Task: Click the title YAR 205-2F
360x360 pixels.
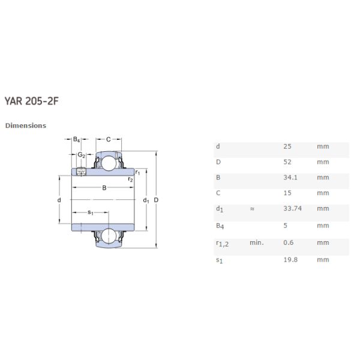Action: tap(32, 101)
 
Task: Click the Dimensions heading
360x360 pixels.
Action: tap(25, 125)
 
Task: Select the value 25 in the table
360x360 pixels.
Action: tap(287, 146)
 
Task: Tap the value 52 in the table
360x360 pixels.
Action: tap(287, 162)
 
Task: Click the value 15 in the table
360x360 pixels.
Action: tap(287, 193)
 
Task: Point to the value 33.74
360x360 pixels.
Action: tap(292, 209)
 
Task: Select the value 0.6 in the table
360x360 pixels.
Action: tap(289, 242)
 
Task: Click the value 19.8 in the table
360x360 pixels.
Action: tap(290, 259)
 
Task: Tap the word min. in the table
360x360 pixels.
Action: tap(257, 242)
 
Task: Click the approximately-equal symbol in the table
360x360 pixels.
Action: tap(253, 209)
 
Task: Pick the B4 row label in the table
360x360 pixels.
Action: tap(220, 226)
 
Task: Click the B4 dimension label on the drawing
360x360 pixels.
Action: tap(77, 140)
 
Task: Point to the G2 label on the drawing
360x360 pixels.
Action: tap(81, 155)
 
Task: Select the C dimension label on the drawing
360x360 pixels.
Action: tap(108, 140)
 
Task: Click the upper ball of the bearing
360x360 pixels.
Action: tap(109, 163)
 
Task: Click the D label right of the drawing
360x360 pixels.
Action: tap(156, 200)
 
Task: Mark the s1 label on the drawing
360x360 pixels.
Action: tap(91, 212)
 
